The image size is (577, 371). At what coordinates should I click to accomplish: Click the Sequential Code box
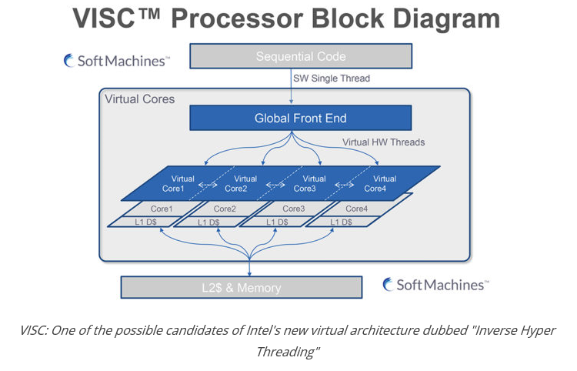tap(300, 56)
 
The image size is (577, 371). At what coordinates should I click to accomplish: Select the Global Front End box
tap(300, 118)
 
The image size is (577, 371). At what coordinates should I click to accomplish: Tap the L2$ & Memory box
tap(241, 288)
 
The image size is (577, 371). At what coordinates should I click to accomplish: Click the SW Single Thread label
tap(332, 79)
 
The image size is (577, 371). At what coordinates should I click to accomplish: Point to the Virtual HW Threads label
tap(383, 142)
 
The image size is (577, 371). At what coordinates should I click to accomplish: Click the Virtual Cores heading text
tap(140, 99)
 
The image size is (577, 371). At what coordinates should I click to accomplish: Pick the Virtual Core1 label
tap(172, 184)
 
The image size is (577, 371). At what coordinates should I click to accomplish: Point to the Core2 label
tap(225, 209)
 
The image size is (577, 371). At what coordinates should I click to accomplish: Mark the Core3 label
tap(293, 209)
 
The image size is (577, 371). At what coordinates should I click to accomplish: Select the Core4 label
tap(356, 209)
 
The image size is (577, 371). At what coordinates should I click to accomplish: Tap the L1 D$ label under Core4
tap(341, 222)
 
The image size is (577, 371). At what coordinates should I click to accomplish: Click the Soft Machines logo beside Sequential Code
tap(117, 61)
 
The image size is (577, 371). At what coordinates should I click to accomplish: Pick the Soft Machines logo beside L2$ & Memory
tap(435, 285)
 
